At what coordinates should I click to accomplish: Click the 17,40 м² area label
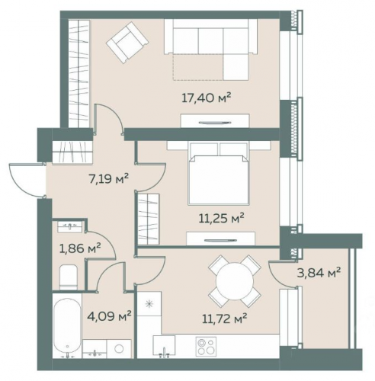[207, 98]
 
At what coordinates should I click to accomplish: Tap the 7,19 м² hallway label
[108, 179]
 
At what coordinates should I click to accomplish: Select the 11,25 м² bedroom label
[221, 218]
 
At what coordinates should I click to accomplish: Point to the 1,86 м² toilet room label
[80, 248]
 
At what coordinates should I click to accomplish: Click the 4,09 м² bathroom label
[109, 315]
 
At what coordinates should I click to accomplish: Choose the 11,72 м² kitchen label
[225, 319]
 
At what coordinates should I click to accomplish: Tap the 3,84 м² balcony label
[319, 273]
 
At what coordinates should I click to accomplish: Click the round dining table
[235, 281]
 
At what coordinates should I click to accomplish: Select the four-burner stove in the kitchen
[206, 347]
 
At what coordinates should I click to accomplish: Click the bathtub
[67, 326]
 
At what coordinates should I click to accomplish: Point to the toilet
[69, 277]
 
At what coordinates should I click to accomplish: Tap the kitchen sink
[164, 345]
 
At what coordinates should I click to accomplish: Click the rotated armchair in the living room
[127, 42]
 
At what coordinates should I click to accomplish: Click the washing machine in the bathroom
[119, 349]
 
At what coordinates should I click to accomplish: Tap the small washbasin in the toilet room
[70, 226]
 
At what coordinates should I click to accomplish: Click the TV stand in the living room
[215, 121]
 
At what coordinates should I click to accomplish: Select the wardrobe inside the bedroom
[149, 219]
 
